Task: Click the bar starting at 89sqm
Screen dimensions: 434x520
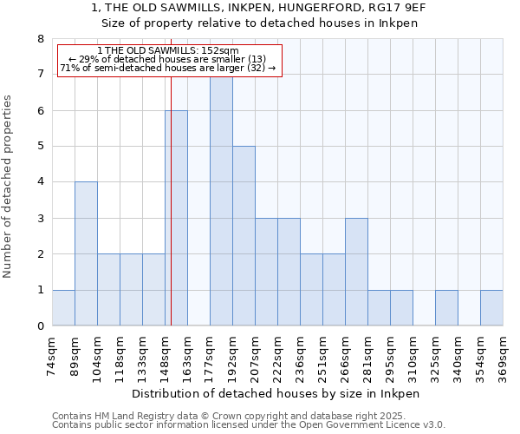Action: [x=86, y=253]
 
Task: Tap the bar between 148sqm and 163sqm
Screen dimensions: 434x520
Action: [x=176, y=218]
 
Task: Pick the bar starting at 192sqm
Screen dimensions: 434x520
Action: [x=244, y=236]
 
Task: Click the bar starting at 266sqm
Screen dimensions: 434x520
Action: [x=356, y=272]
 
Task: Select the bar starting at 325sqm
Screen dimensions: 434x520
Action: [x=446, y=308]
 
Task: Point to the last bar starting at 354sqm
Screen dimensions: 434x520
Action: [x=491, y=308]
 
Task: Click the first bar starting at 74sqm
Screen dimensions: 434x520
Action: [x=63, y=308]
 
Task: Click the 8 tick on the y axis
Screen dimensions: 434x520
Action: [x=40, y=39]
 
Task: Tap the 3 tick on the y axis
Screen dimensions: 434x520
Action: [x=40, y=219]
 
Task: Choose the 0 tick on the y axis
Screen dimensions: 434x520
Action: [x=40, y=326]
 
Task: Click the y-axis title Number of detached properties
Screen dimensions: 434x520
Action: [x=9, y=186]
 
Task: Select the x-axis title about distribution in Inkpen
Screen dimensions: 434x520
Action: [x=277, y=393]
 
